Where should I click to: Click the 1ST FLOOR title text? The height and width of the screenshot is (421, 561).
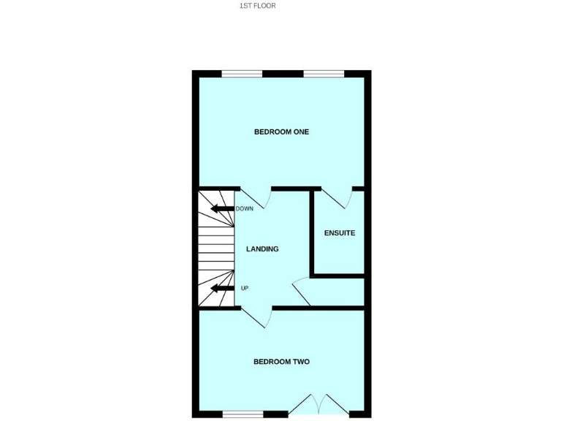click(x=258, y=6)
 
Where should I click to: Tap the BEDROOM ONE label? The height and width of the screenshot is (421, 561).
click(x=281, y=132)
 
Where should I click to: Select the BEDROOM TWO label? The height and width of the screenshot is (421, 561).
click(x=281, y=362)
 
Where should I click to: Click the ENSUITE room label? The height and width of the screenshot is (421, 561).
click(x=340, y=233)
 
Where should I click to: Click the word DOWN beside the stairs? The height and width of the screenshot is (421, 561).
click(x=244, y=209)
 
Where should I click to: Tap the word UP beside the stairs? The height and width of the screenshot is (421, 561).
click(x=245, y=288)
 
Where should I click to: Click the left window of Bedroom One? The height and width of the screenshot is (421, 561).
click(x=242, y=74)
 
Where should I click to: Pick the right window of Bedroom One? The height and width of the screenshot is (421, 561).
click(x=324, y=74)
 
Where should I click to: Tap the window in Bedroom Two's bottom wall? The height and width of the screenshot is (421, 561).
click(x=242, y=414)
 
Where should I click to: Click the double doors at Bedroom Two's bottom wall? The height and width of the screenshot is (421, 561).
click(x=319, y=406)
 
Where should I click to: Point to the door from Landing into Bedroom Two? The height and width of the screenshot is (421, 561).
click(x=257, y=317)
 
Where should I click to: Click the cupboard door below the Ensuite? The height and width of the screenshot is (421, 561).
click(x=300, y=292)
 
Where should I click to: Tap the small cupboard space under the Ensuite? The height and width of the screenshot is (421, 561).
click(x=337, y=292)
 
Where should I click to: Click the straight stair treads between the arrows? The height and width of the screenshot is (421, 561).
click(x=215, y=249)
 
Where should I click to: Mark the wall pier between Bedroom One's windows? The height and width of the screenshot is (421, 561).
click(x=283, y=74)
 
